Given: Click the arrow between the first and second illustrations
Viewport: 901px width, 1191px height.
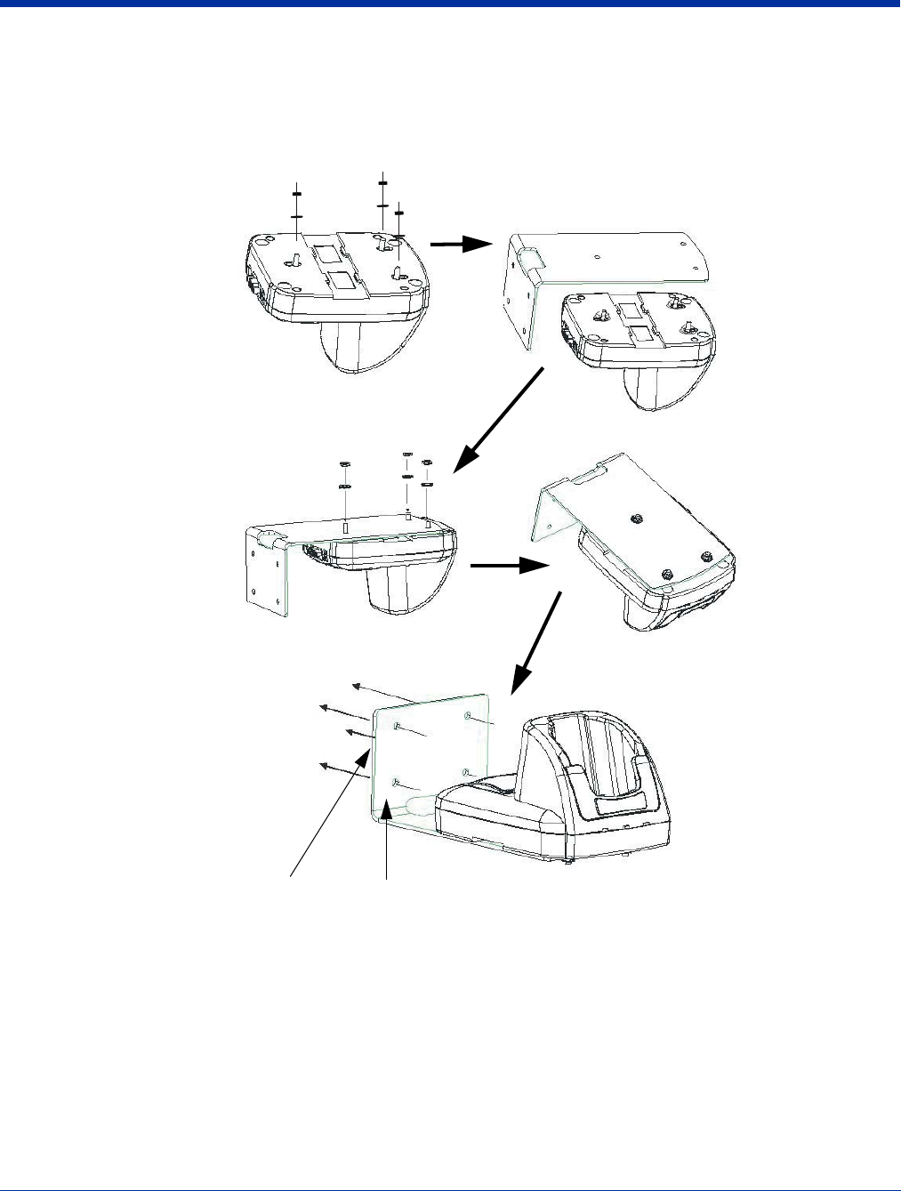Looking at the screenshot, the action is pyautogui.click(x=460, y=246).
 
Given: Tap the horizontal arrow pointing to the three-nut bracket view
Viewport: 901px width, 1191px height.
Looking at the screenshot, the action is pyautogui.click(x=507, y=565).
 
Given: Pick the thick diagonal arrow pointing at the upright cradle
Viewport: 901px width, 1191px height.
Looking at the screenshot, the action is pyautogui.click(x=537, y=646).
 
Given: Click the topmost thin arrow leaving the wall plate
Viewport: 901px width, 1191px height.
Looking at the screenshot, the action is pyautogui.click(x=391, y=693).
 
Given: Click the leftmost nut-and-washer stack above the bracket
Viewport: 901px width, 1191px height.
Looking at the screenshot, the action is pyautogui.click(x=344, y=476).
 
